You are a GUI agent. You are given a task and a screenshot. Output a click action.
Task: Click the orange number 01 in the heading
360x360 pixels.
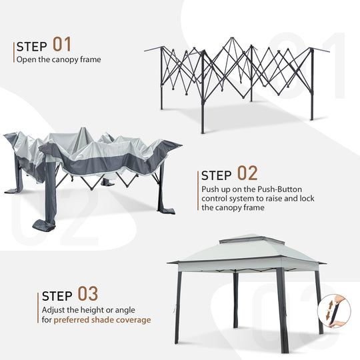62,45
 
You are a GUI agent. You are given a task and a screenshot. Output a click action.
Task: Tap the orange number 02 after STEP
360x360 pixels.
247,174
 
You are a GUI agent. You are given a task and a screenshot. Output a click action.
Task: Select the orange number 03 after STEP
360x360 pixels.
88,294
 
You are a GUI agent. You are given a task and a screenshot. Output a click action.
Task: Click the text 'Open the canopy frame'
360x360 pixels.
59,59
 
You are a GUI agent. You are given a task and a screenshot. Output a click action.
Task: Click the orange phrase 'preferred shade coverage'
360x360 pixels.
102,319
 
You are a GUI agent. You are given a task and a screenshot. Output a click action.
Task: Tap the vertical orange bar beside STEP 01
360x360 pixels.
13,52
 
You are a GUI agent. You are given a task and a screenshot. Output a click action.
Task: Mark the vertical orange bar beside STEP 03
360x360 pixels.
38,307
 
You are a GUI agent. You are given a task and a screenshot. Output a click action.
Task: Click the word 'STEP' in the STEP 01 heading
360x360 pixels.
31,47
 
